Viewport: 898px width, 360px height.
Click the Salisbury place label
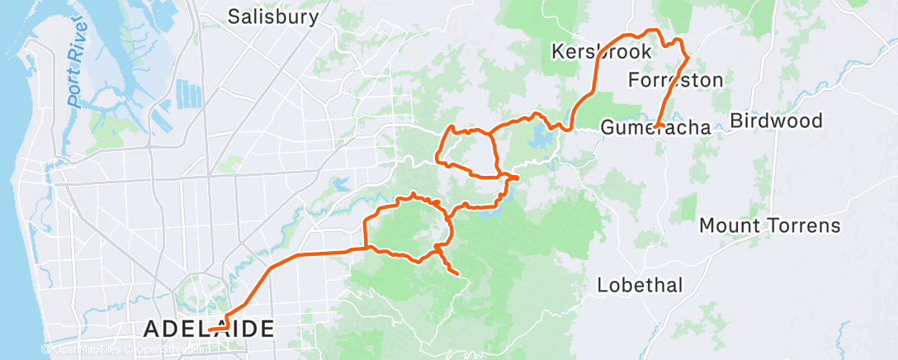coord(272,17)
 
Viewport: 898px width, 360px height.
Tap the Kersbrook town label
coord(601,52)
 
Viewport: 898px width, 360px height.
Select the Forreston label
coord(675,80)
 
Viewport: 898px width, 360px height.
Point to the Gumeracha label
coord(655,128)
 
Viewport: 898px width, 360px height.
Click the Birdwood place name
coord(777,121)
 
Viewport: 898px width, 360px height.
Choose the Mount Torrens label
coord(769,225)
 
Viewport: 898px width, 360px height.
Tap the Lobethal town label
coord(640,286)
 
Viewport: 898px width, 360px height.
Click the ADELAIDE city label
coord(209,329)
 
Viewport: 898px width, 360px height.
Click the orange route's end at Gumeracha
coord(657,126)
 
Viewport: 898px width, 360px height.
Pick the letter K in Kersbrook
coord(557,52)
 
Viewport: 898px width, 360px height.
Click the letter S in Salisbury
coord(234,17)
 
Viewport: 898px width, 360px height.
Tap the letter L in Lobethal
coord(602,286)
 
